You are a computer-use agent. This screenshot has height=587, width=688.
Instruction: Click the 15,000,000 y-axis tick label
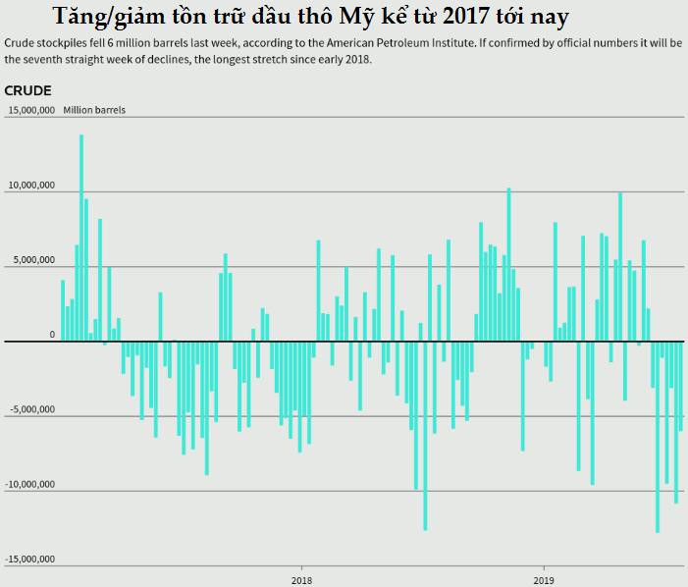[31, 110]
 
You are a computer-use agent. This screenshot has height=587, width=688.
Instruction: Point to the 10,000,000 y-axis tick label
[31, 186]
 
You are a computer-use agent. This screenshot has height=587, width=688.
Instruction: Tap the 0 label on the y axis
[52, 335]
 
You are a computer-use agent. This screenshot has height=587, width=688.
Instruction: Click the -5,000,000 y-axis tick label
[31, 409]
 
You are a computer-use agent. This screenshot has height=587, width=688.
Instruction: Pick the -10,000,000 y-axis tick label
[30, 485]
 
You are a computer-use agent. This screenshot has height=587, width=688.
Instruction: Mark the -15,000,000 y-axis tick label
[30, 560]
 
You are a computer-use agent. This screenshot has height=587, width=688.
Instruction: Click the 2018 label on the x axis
[301, 579]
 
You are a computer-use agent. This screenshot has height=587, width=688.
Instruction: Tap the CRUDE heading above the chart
[27, 91]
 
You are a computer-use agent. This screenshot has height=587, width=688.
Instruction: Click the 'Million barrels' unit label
[94, 110]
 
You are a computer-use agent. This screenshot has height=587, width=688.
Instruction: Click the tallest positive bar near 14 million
[81, 236]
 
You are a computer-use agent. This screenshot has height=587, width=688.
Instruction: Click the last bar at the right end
[681, 386]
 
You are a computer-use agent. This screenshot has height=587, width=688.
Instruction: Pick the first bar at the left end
[63, 310]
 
